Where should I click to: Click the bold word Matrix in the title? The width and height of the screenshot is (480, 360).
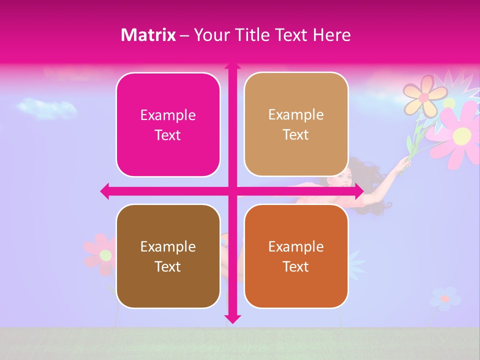[148, 35]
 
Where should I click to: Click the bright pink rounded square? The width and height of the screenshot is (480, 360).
[168, 125]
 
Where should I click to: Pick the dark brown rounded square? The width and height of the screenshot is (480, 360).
[168, 256]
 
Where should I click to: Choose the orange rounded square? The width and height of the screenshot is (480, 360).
[296, 256]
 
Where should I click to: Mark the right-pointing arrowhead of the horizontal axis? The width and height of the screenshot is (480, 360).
[358, 191]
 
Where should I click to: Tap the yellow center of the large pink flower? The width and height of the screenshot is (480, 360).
[462, 134]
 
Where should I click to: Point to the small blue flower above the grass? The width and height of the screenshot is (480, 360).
[444, 298]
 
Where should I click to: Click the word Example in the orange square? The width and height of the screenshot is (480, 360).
[296, 246]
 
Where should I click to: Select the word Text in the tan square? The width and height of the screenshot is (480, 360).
[296, 135]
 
